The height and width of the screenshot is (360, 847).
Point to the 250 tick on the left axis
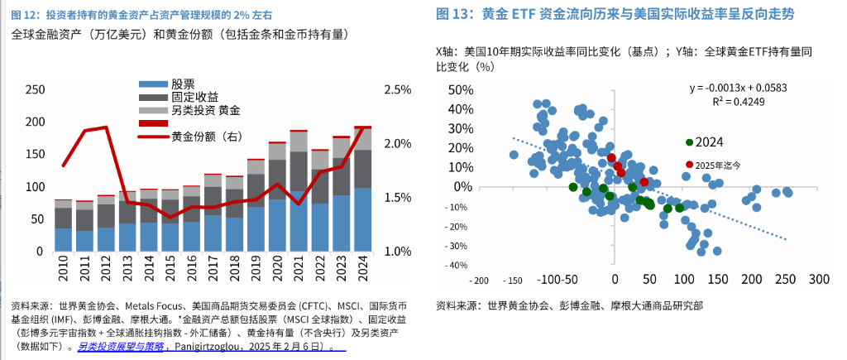[x=35, y=89]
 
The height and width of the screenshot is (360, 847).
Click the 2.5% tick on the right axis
[x=398, y=89]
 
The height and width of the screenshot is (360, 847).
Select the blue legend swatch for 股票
[x=151, y=84]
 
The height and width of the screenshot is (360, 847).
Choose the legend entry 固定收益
[x=194, y=97]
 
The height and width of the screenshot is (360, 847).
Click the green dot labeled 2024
[x=690, y=142]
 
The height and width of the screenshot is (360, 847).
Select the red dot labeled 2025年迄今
[x=690, y=165]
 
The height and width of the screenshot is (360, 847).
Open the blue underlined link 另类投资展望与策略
[x=121, y=348]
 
